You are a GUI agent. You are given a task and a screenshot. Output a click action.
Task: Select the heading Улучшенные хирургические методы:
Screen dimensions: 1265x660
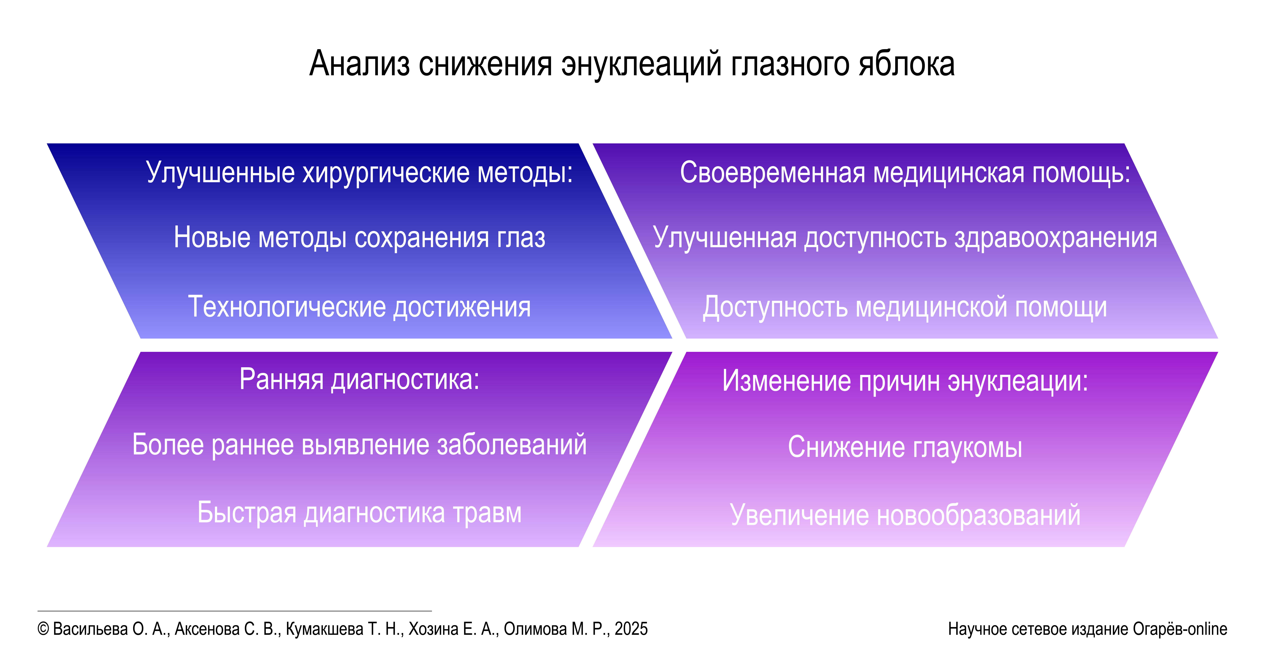pyautogui.click(x=359, y=173)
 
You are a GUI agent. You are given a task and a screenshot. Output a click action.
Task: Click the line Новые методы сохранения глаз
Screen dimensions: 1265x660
pyautogui.click(x=359, y=238)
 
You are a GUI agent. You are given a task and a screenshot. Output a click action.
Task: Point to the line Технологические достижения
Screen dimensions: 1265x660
pyautogui.click(x=359, y=307)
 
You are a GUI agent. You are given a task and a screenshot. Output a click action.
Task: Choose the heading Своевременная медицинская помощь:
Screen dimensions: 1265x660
pyautogui.click(x=905, y=173)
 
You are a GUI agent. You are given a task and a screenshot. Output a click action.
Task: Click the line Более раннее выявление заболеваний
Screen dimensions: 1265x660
pyautogui.click(x=359, y=445)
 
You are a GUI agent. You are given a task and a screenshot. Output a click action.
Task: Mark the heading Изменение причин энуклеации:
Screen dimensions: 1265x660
pyautogui.click(x=905, y=381)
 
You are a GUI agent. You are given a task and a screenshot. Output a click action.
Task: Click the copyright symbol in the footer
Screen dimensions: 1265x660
pyautogui.click(x=43, y=629)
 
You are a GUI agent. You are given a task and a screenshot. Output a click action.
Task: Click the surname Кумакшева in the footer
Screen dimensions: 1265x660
pyautogui.click(x=325, y=629)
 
